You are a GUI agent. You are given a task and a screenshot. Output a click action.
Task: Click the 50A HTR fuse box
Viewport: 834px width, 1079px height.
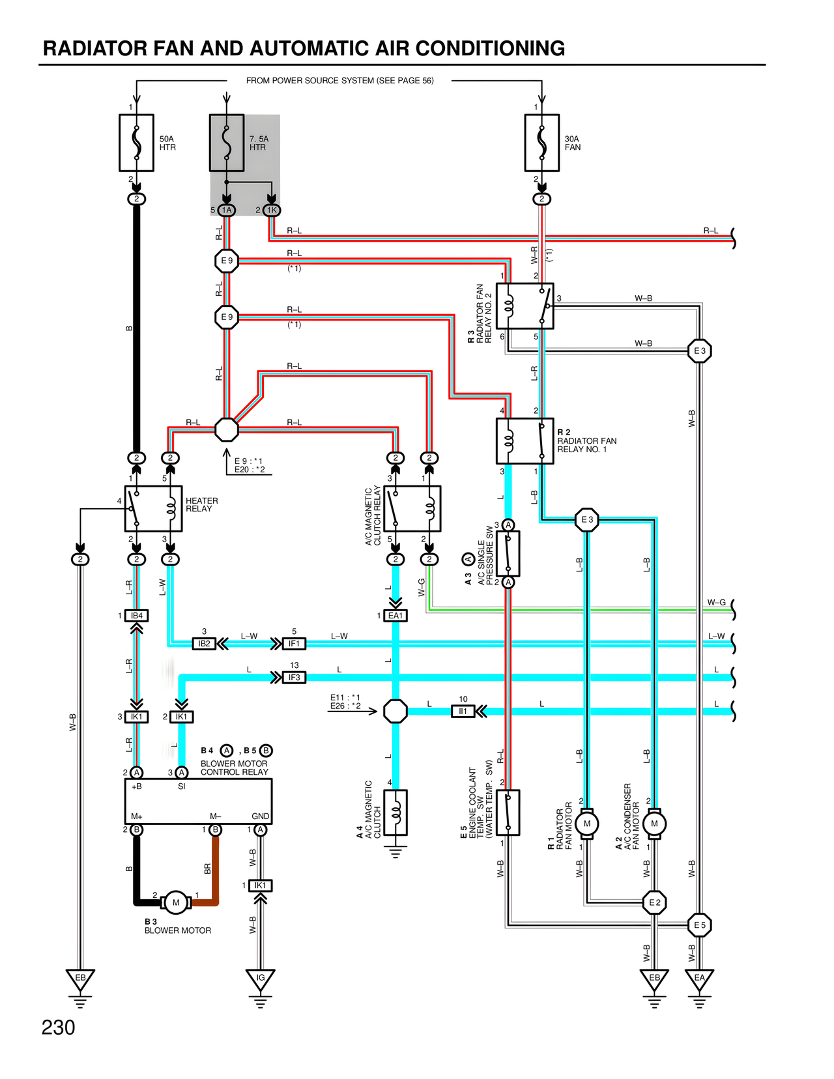pos(136,143)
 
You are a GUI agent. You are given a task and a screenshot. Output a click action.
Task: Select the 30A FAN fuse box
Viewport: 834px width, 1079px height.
pos(541,143)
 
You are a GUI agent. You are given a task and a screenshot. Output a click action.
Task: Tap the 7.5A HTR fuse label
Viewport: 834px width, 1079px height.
pos(259,143)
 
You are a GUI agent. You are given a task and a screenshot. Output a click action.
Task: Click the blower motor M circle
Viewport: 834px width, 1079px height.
pos(175,902)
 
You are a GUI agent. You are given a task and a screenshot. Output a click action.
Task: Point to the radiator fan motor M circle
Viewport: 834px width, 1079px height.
pos(586,824)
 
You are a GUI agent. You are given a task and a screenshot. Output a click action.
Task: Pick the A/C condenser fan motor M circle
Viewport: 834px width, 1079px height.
pos(654,824)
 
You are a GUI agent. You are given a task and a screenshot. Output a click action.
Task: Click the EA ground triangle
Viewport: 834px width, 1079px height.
pos(699,979)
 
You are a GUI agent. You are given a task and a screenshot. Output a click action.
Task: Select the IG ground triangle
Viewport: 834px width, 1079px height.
pos(260,979)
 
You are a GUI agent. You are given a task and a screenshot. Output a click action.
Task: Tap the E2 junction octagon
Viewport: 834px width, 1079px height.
pos(654,902)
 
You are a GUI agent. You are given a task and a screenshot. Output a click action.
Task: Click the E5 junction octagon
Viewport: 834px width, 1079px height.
pos(699,925)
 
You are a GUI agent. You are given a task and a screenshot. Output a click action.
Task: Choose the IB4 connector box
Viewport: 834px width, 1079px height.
pos(136,616)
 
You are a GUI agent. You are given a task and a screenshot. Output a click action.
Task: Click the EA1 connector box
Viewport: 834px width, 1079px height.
pos(395,616)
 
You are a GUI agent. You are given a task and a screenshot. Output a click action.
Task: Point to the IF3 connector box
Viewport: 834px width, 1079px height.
pos(294,678)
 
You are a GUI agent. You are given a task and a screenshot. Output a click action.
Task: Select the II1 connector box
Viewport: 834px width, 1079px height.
pos(463,712)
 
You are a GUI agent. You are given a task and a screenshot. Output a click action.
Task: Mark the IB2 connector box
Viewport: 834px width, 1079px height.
pos(204,644)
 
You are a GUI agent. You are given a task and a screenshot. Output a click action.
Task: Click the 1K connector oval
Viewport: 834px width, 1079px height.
pos(272,210)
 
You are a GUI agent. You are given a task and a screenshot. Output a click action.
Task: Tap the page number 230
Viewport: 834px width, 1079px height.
pos(58,1028)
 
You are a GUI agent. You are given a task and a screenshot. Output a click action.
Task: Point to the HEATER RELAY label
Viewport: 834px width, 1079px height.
pos(202,505)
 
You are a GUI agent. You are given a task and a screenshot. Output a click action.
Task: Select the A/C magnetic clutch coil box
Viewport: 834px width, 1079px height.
pos(395,813)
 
